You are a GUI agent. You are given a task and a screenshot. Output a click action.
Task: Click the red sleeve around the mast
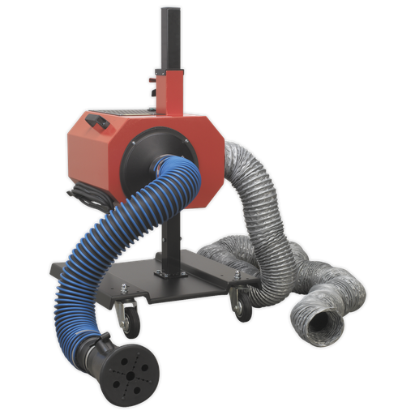pos(170,89)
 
